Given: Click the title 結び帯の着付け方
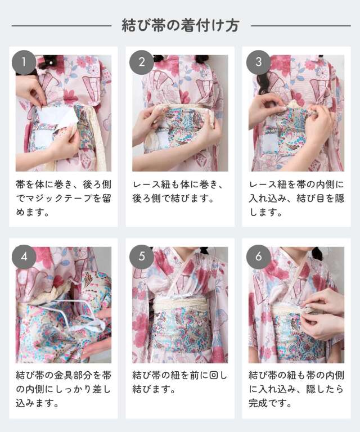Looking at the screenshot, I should click(181, 25).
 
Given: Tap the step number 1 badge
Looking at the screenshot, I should click(24, 62).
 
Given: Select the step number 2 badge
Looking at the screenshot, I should click(141, 62).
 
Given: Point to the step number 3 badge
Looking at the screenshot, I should click(259, 62).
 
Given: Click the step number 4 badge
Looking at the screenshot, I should click(24, 257).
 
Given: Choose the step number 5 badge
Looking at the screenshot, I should click(141, 257).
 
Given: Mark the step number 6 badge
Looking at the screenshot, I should click(259, 257).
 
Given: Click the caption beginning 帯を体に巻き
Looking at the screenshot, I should click(63, 199).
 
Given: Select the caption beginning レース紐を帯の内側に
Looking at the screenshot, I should click(297, 199).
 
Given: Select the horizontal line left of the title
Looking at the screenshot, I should click(61, 25).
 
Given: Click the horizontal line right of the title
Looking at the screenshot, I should click(300, 25).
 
